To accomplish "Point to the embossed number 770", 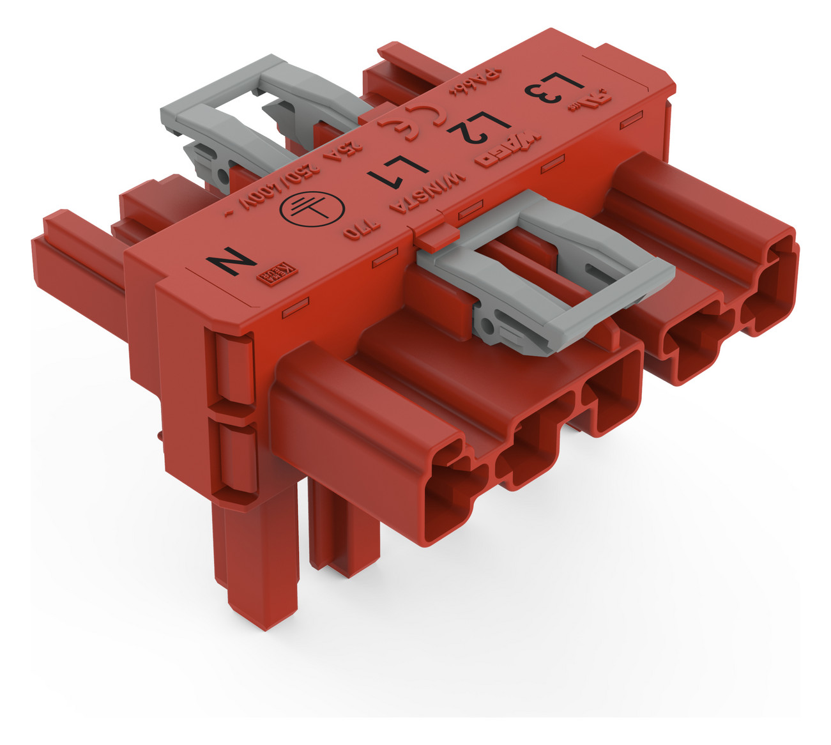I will [362, 231].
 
